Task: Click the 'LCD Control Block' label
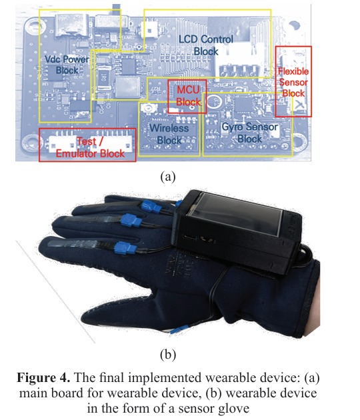click(206, 45)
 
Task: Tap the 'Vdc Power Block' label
click(67, 65)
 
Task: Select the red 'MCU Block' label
click(188, 95)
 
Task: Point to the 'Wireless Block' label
click(169, 134)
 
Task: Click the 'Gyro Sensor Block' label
click(249, 133)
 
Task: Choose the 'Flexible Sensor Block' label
click(293, 82)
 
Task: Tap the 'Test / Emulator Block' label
click(90, 147)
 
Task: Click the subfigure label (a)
click(168, 177)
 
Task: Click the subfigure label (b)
click(168, 355)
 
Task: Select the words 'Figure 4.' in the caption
click(43, 377)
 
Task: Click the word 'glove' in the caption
click(233, 409)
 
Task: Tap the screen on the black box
click(235, 214)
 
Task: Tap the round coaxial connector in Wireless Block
click(147, 108)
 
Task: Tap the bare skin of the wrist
click(312, 325)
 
